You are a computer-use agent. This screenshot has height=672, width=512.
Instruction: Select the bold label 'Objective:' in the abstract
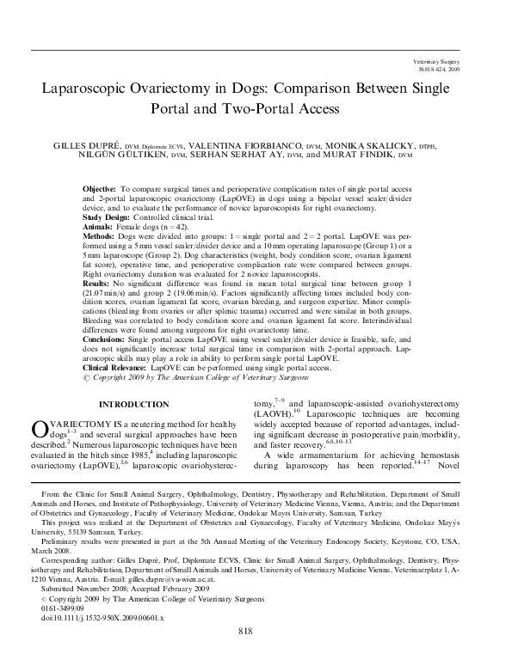(101, 187)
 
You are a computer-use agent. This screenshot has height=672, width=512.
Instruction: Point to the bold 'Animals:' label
(98, 226)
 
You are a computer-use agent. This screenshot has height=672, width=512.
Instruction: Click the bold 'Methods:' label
(99, 235)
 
